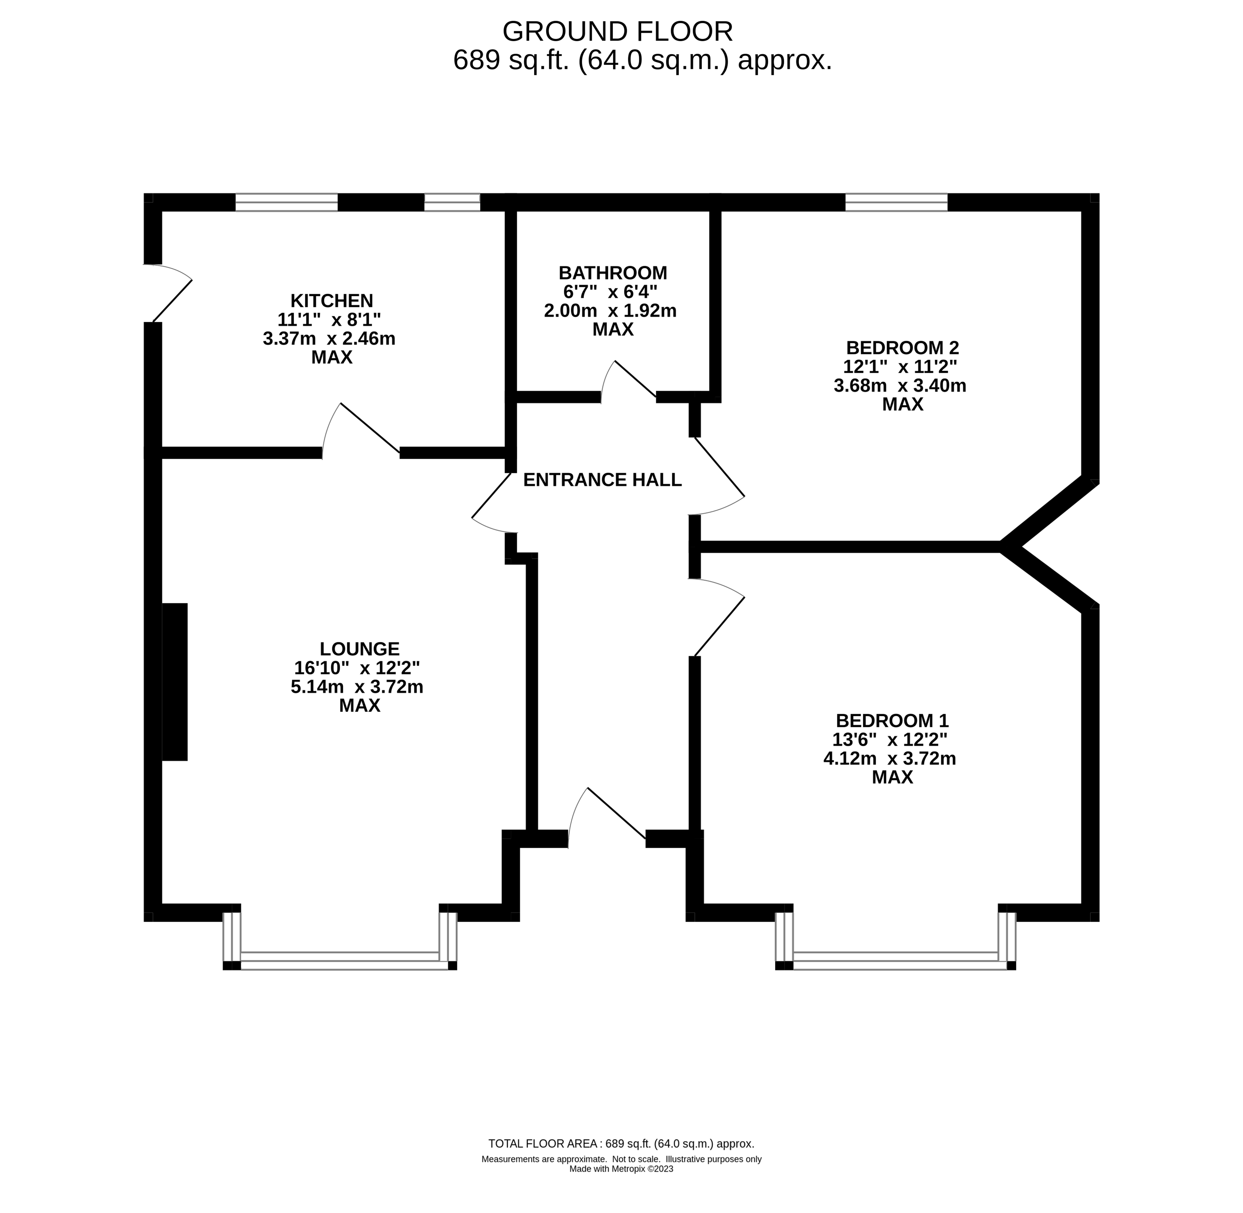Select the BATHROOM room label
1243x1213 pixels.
[612, 273]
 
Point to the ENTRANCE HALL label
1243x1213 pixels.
[602, 480]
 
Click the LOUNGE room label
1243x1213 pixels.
[359, 649]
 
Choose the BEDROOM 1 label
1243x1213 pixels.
[892, 721]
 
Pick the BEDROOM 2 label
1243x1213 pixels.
[902, 348]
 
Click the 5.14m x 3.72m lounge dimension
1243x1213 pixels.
[357, 687]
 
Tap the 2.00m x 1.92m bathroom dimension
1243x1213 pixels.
[610, 311]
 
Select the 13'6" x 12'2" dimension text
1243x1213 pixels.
[890, 740]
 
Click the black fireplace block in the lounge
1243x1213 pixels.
[175, 682]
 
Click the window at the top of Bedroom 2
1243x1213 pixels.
[896, 203]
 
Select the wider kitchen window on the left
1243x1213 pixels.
[286, 203]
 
